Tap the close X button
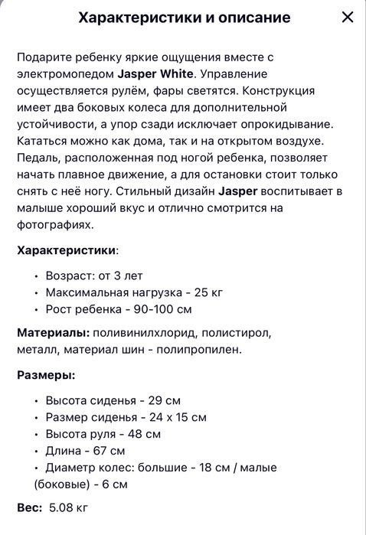coord(348,17)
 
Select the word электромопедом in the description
coord(64,74)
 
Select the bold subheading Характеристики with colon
coord(67,250)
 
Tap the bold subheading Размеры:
coord(46,375)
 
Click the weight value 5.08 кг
coord(69,507)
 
